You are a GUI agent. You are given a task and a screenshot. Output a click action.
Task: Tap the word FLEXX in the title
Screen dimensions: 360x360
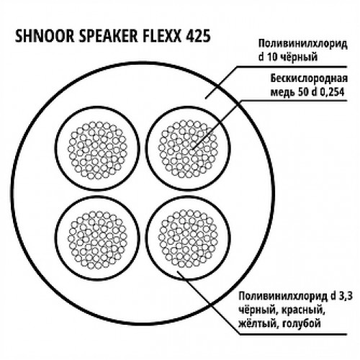pyautogui.click(x=162, y=36)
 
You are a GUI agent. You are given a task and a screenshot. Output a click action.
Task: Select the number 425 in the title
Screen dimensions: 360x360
pyautogui.click(x=198, y=36)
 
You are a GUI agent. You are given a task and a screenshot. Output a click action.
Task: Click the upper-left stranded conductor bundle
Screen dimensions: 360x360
pyautogui.click(x=97, y=150)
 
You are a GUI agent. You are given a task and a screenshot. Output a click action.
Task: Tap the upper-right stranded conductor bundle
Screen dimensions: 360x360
pyautogui.click(x=188, y=149)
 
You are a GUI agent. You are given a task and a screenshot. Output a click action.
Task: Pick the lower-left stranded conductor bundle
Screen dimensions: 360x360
pyautogui.click(x=97, y=240)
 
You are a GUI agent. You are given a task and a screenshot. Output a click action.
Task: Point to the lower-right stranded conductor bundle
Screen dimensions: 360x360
pyautogui.click(x=188, y=238)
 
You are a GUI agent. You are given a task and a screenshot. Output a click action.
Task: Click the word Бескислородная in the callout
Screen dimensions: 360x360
pyautogui.click(x=309, y=79)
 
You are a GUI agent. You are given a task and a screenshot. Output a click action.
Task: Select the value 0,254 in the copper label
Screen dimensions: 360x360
pyautogui.click(x=332, y=92)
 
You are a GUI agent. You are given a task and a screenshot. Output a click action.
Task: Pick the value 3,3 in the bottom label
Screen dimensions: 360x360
pyautogui.click(x=345, y=297)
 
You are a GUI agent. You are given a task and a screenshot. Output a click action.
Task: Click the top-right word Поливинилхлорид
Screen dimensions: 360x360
pyautogui.click(x=302, y=45)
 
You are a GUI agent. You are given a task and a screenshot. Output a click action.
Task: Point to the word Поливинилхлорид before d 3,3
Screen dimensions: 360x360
pyautogui.click(x=283, y=297)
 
